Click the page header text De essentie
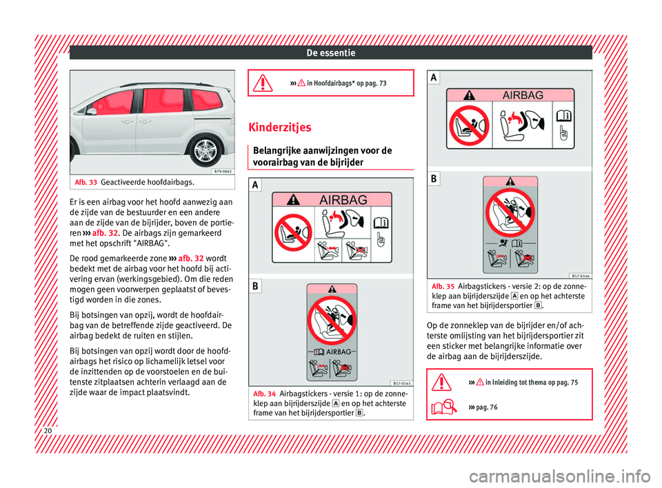click(x=330, y=52)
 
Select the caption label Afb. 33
click(x=86, y=182)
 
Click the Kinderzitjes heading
click(x=282, y=128)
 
